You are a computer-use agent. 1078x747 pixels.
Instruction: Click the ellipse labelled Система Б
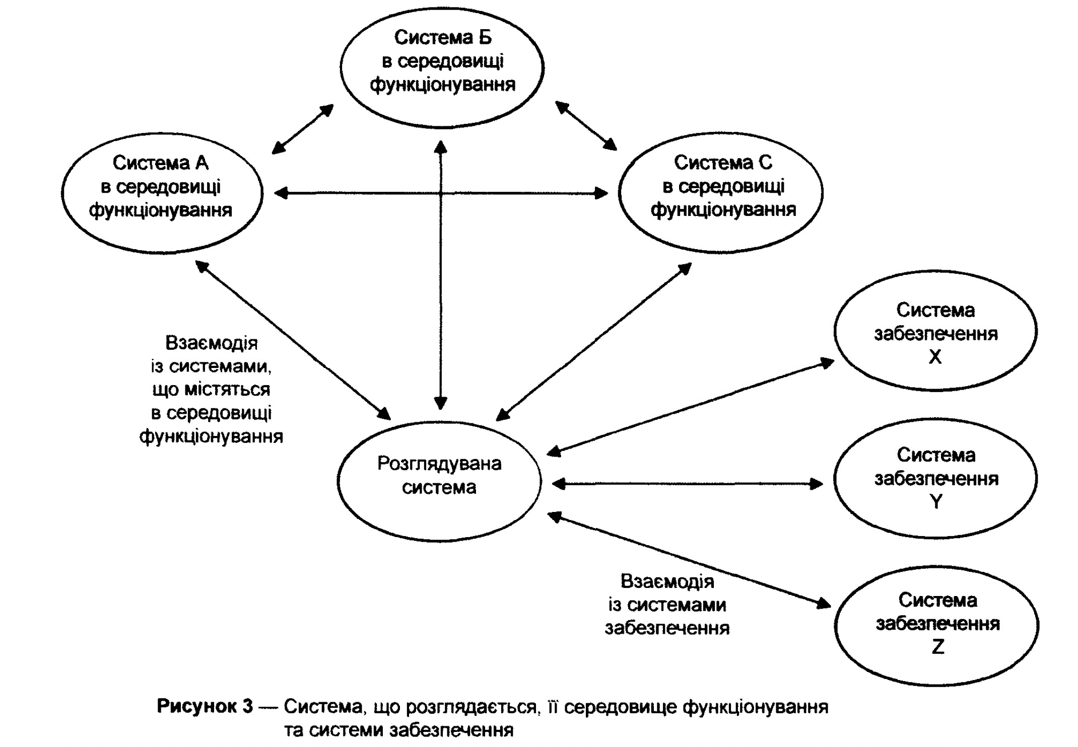[442, 67]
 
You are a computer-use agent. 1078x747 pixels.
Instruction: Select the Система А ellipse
[162, 193]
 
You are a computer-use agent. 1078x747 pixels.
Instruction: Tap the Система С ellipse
[720, 193]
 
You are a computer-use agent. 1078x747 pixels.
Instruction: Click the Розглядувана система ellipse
[439, 482]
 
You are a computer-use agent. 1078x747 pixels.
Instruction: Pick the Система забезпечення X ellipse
[935, 331]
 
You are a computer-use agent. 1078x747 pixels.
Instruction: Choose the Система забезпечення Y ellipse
[935, 478]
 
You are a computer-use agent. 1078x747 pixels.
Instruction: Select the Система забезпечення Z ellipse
[936, 626]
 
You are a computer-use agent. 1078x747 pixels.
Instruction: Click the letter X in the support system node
[935, 357]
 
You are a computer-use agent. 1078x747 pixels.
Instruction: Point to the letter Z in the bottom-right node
[937, 647]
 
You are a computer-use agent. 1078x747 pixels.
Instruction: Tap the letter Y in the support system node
[935, 502]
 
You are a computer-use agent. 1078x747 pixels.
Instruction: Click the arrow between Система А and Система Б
[303, 129]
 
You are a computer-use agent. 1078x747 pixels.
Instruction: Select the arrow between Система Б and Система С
[586, 126]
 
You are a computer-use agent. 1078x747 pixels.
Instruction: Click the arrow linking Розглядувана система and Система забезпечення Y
[688, 484]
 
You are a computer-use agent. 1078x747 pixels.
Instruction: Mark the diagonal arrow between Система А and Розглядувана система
[293, 340]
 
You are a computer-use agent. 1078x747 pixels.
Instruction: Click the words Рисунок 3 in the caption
[205, 706]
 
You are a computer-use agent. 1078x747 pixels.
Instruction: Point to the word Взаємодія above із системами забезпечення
[667, 581]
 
